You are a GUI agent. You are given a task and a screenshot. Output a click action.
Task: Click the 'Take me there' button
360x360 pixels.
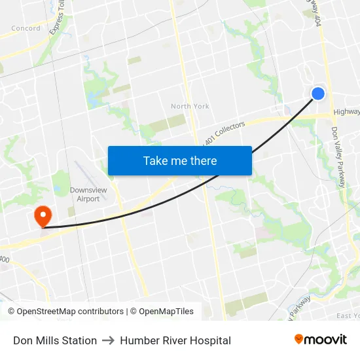[x=180, y=161]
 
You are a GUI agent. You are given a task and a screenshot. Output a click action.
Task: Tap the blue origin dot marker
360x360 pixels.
[x=318, y=94]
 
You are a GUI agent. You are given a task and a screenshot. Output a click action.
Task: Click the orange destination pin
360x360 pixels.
[x=43, y=215]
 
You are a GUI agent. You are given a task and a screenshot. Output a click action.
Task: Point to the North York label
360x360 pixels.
[x=190, y=106]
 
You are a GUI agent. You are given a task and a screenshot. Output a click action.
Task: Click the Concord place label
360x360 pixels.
[x=26, y=28]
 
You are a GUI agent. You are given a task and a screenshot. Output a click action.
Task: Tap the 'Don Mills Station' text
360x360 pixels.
[x=55, y=340]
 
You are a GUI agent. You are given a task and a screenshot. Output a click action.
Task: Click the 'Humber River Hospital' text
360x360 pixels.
[x=175, y=340]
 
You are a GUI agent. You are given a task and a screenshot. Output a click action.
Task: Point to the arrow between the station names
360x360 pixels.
[x=109, y=340]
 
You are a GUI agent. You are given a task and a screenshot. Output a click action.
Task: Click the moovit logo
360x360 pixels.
[x=321, y=340]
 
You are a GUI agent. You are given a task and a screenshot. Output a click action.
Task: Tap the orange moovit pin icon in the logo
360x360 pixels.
[x=299, y=340]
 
